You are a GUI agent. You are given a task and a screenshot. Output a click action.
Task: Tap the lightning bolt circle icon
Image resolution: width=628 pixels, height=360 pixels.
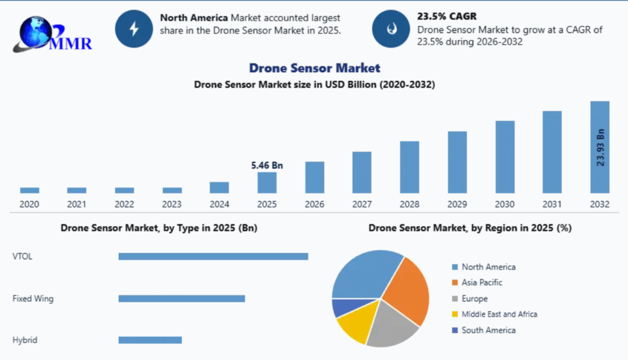pyautogui.click(x=133, y=28)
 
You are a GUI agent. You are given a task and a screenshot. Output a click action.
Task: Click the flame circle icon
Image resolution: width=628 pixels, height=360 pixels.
pyautogui.click(x=390, y=28)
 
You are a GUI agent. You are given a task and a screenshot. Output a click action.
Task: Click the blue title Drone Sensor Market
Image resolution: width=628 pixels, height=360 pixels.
pyautogui.click(x=314, y=68)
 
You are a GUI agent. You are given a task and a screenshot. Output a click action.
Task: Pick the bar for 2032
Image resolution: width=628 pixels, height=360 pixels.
pyautogui.click(x=599, y=147)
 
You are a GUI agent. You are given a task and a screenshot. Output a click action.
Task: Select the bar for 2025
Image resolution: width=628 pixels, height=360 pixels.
pyautogui.click(x=267, y=183)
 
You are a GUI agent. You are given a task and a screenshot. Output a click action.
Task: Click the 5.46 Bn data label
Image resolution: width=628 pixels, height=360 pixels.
pyautogui.click(x=267, y=165)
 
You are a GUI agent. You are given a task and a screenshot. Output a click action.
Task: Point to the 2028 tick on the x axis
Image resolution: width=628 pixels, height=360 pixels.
pyautogui.click(x=409, y=204)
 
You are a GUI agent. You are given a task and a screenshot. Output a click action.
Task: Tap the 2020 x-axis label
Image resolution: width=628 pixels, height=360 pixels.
pyautogui.click(x=29, y=204)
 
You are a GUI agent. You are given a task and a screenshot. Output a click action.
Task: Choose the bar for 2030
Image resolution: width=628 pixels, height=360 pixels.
pyautogui.click(x=505, y=157)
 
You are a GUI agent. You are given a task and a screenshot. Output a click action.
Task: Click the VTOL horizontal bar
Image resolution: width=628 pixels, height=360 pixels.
pyautogui.click(x=213, y=256)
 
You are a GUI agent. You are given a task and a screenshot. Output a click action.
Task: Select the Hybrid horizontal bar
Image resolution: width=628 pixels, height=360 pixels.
pyautogui.click(x=150, y=340)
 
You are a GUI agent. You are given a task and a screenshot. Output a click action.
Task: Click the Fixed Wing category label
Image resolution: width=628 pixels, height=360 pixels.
pyautogui.click(x=33, y=299)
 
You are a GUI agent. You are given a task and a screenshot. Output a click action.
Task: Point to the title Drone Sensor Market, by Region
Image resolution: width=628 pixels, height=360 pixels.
pyautogui.click(x=470, y=228)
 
